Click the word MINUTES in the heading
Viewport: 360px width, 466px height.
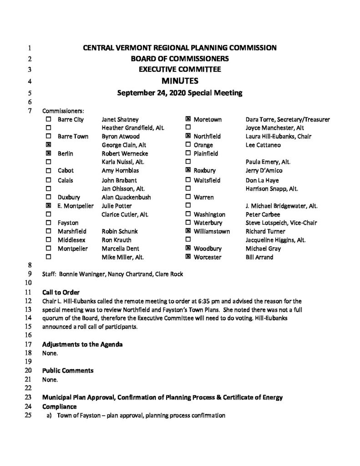coord(180,82)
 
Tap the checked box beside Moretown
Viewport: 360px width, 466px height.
coord(188,119)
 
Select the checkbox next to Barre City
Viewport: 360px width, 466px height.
coord(49,119)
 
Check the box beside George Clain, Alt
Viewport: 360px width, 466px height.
coord(49,145)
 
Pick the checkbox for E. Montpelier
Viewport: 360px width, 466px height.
coord(49,206)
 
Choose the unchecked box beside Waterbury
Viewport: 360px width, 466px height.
coord(188,223)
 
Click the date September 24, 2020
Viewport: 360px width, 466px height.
coord(156,93)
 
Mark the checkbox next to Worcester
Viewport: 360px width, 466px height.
coord(188,257)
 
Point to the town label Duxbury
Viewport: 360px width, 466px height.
coord(69,197)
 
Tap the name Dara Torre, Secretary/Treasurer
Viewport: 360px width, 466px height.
coord(287,119)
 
